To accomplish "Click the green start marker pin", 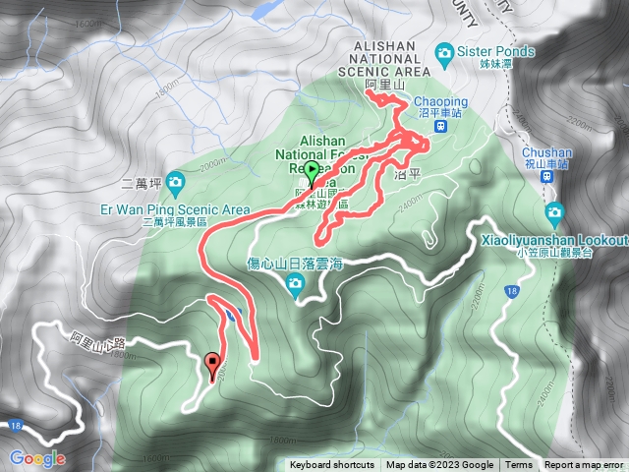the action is tap(313, 174).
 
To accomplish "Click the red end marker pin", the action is tap(213, 366).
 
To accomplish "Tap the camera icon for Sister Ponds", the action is tap(444, 51).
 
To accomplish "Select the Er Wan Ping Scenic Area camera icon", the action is tap(175, 181).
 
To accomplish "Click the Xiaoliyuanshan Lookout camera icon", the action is tap(554, 213).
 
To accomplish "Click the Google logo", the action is tap(36, 458).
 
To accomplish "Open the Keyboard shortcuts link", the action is tap(332, 465).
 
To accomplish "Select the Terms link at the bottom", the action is tap(519, 465).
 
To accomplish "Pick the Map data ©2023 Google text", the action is tap(439, 465).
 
